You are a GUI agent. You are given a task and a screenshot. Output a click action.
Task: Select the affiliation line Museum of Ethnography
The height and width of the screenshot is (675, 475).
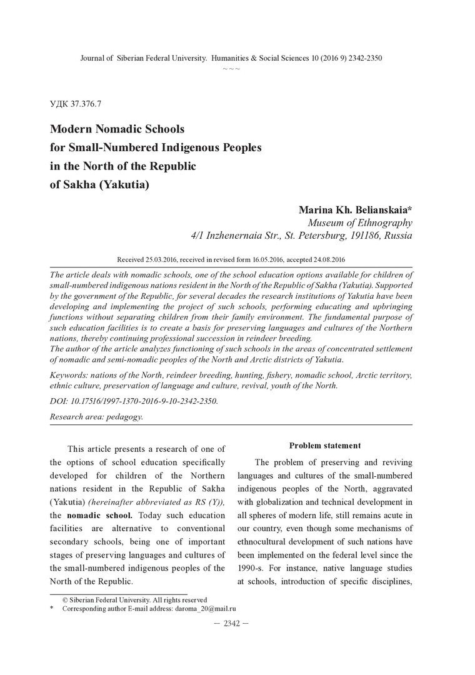click(x=360, y=222)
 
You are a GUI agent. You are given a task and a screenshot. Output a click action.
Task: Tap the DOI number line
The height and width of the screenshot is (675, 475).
click(x=134, y=401)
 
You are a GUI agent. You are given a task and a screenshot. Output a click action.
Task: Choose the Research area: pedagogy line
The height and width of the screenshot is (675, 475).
click(x=96, y=416)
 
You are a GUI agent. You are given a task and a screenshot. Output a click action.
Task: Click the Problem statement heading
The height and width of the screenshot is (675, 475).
click(x=325, y=446)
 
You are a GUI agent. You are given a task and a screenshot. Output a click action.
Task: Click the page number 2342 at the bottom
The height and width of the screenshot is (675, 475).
click(x=231, y=624)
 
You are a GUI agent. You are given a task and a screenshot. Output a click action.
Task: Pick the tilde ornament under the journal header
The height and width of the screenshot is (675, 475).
click(x=231, y=68)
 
